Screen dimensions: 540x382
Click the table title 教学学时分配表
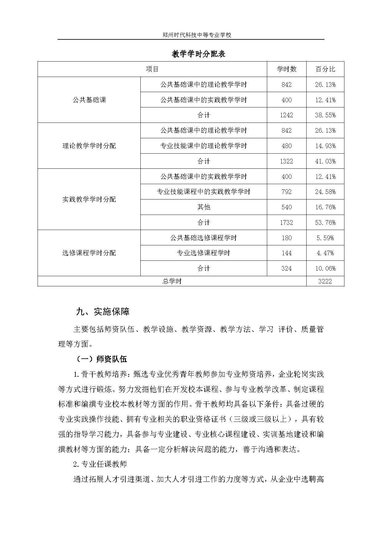click(199, 54)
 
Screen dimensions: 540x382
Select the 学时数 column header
click(287, 69)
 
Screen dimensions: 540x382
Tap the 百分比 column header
click(325, 69)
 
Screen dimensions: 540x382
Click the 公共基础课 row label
click(89, 100)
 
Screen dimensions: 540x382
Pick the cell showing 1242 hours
click(287, 115)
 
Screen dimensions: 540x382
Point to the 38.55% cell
click(325, 115)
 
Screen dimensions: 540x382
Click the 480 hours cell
click(287, 146)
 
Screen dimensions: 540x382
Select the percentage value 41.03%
click(325, 161)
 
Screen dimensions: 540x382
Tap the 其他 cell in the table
click(203, 207)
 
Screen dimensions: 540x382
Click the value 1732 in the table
click(287, 222)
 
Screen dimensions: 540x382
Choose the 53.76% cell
click(325, 222)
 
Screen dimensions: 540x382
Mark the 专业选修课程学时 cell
click(203, 253)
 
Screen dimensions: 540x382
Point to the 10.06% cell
click(325, 268)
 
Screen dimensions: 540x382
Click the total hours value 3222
click(325, 281)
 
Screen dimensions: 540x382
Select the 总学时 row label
click(172, 281)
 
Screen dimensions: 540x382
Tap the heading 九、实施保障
click(103, 312)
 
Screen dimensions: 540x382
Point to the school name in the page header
click(197, 35)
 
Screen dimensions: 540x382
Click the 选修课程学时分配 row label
click(89, 253)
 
